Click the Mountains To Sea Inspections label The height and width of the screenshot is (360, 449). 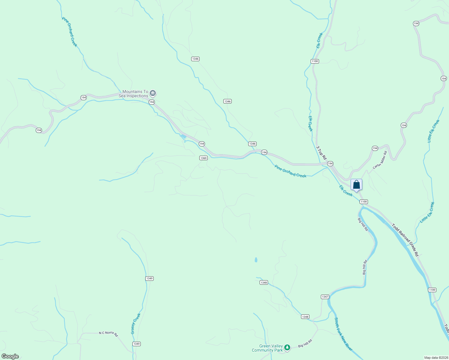(x=135, y=94)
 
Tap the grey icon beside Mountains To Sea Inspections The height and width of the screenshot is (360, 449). (x=153, y=93)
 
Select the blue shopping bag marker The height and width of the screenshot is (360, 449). (x=356, y=185)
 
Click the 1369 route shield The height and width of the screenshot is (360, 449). (x=203, y=158)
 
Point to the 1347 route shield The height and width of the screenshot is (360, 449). (x=325, y=297)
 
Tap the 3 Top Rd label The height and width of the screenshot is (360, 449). (x=321, y=153)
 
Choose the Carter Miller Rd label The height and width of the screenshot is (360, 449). (x=380, y=160)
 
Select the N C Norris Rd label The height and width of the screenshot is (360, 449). (x=108, y=334)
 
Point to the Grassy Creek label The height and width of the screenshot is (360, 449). (x=136, y=324)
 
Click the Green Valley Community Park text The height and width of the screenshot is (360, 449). (x=267, y=348)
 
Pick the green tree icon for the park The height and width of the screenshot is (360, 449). (x=287, y=347)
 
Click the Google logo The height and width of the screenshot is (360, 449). (x=10, y=356)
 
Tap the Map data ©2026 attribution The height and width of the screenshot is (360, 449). (x=436, y=358)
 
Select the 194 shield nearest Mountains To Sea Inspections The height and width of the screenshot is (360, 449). (x=152, y=102)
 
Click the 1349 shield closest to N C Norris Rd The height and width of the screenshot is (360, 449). (x=137, y=344)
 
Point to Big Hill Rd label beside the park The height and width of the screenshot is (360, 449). (x=305, y=343)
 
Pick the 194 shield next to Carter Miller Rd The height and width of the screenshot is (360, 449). (x=375, y=148)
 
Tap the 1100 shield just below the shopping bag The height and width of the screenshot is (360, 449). (x=363, y=202)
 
